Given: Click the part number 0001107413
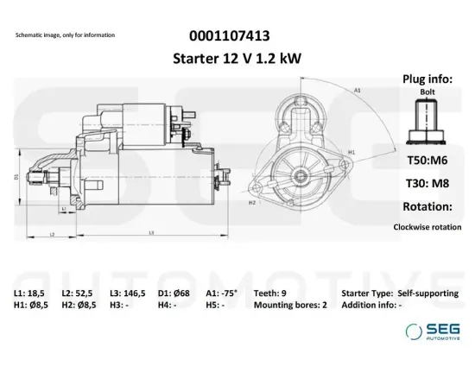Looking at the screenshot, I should tap(228, 36).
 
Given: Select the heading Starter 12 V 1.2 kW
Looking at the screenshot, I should tap(228, 58).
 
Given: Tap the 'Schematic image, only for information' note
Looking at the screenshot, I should tap(65, 35).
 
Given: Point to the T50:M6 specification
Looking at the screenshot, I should tap(427, 160).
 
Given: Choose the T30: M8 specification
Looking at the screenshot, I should tap(427, 183).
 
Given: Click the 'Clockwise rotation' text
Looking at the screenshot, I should tap(427, 227).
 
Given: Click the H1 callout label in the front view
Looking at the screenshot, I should tap(352, 153).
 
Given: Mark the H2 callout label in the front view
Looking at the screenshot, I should tap(252, 204).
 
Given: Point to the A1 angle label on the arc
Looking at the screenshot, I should tap(357, 89).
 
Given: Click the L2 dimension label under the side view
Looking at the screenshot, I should tap(52, 234).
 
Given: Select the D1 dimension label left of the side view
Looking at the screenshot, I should tap(16, 176).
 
